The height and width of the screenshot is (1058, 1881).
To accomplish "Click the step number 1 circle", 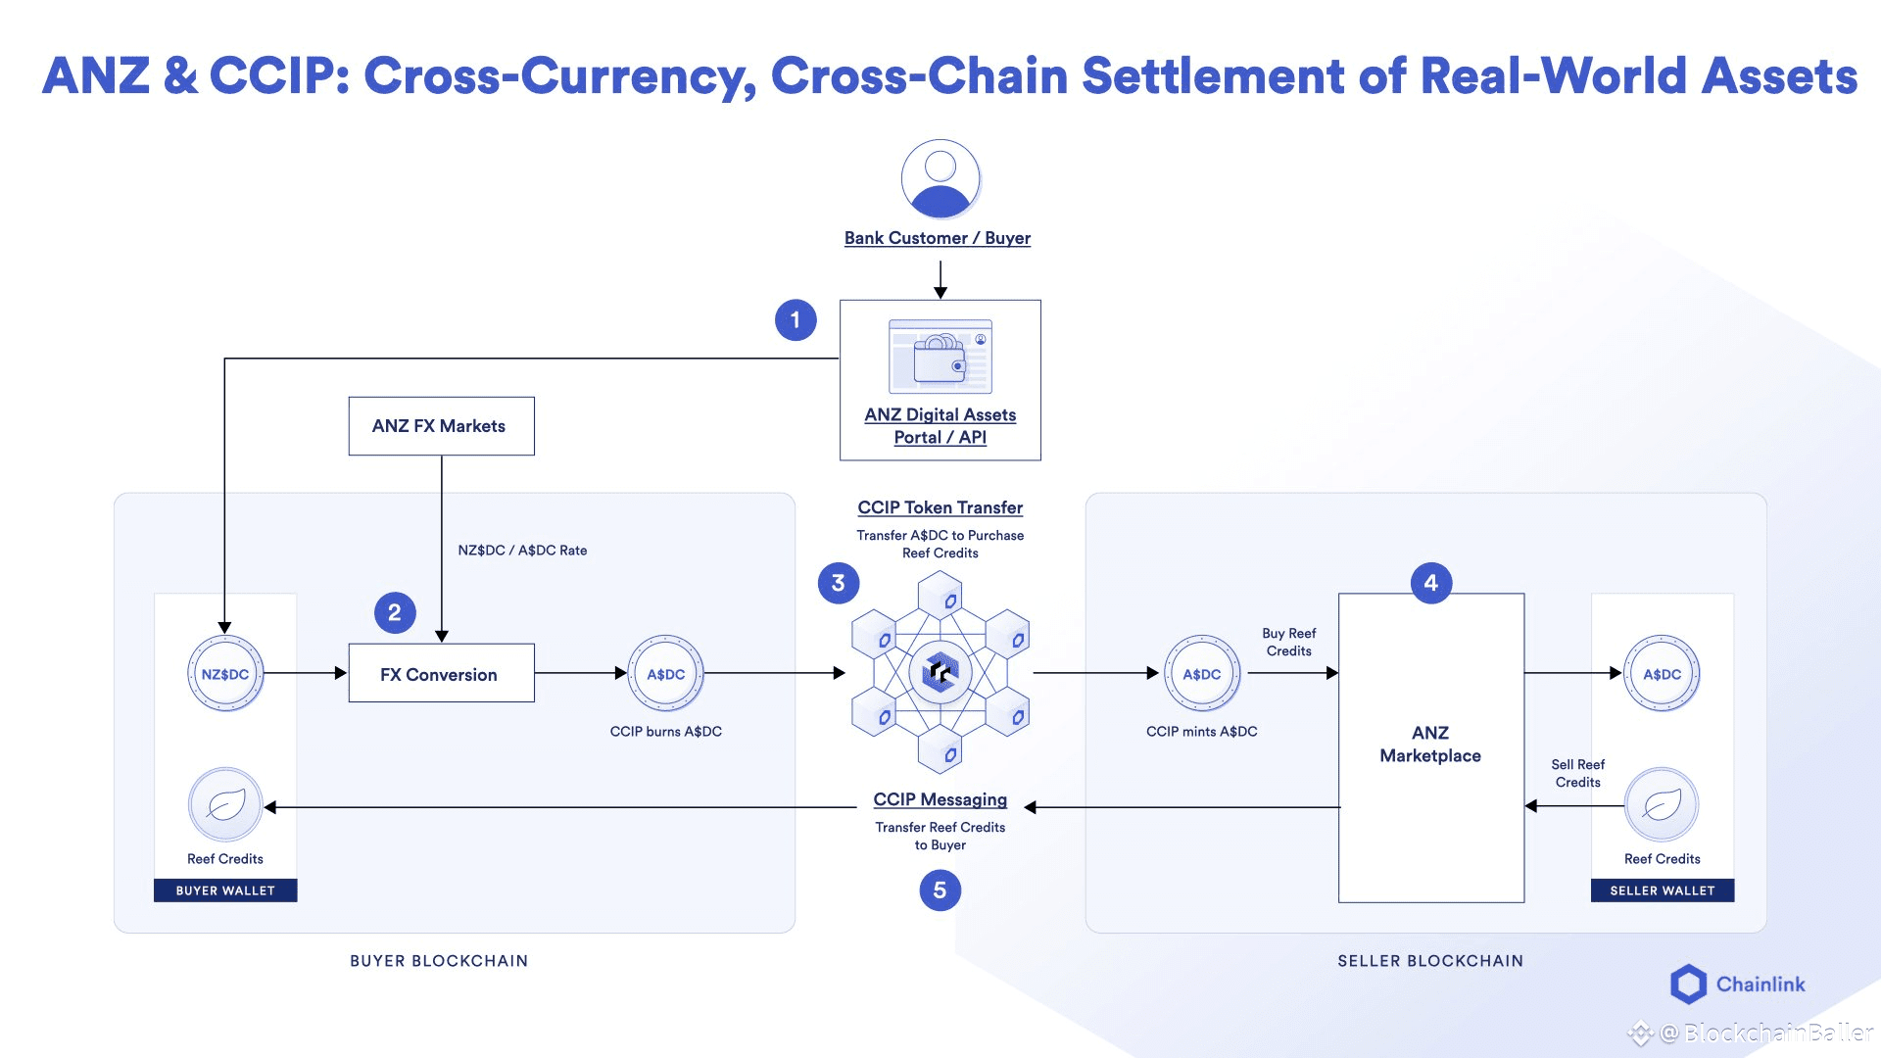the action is point(796,320).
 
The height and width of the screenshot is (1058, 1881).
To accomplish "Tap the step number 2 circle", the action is point(395,613).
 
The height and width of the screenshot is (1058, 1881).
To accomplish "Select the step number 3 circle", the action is point(839,583).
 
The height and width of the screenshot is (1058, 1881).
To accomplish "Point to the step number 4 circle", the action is point(1431,583).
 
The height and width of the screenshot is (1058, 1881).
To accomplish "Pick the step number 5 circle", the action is point(940,890).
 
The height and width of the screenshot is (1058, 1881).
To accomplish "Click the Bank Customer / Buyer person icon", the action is point(940,178).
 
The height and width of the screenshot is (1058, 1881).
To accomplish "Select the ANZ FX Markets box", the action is point(442,426).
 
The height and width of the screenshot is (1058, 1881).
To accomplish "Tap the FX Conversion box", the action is point(442,673).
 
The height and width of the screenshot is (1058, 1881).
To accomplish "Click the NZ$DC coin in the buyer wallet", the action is point(225,674).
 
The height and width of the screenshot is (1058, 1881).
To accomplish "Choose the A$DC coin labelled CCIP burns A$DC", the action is point(666,674).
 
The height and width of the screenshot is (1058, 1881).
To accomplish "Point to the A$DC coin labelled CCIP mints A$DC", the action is point(1202,674).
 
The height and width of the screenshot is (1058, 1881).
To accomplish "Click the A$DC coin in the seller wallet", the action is point(1663,674).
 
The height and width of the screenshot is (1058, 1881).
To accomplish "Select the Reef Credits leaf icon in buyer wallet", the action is point(225,805).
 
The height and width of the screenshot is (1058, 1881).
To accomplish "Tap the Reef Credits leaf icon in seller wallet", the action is point(1663,805).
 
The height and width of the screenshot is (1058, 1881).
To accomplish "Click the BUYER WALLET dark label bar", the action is point(225,890).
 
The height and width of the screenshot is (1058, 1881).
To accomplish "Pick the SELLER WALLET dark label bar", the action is point(1663,890).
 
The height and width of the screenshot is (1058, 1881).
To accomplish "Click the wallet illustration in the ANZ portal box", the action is point(940,357).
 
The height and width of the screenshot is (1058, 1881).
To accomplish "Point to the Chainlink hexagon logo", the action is point(1688,985).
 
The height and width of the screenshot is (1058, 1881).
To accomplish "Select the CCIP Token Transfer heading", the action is point(940,507).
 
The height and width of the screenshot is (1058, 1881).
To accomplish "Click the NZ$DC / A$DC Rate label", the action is point(523,551).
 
